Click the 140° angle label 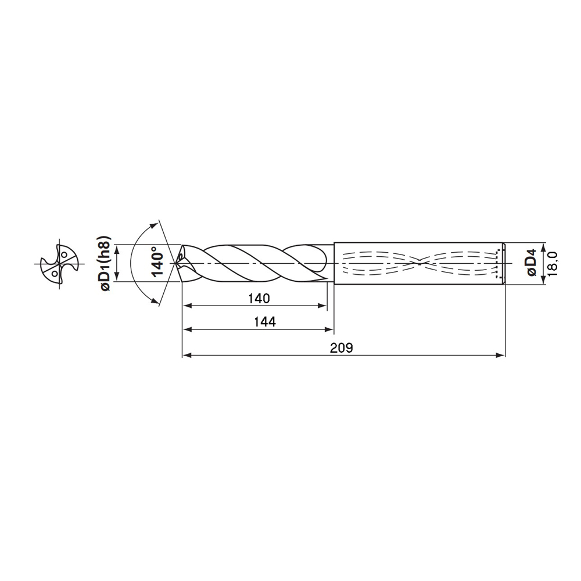click(x=156, y=263)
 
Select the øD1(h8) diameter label click(x=104, y=263)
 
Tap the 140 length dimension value click(x=259, y=299)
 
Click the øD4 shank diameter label click(x=529, y=263)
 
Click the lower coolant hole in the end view click(x=54, y=272)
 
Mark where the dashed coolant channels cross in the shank click(x=419, y=263)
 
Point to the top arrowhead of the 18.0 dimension click(x=543, y=246)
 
